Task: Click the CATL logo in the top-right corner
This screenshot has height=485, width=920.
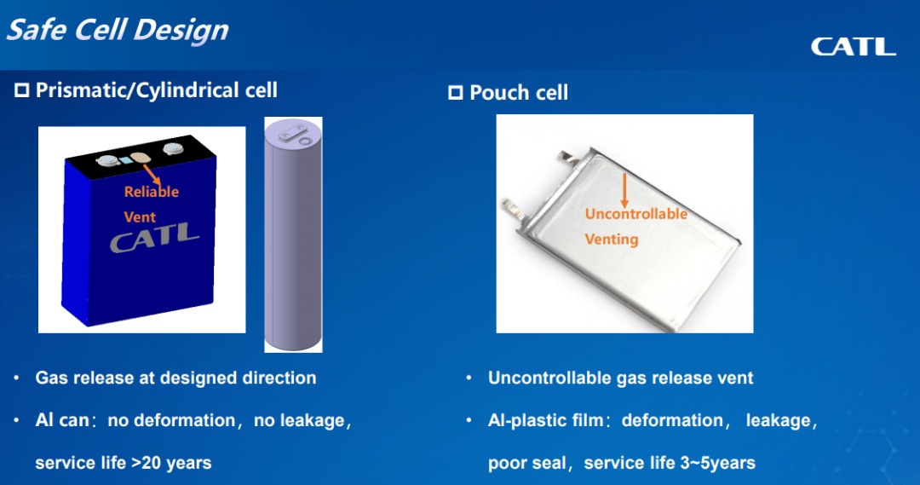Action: pyautogui.click(x=854, y=47)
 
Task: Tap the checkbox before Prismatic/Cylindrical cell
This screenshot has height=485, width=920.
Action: pyautogui.click(x=21, y=89)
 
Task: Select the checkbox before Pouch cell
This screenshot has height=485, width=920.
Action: pyautogui.click(x=455, y=92)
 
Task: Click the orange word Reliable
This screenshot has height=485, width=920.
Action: pyautogui.click(x=152, y=192)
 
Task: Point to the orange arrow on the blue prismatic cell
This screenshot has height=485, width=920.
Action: pyautogui.click(x=152, y=175)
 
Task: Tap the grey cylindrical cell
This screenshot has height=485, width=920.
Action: pyautogui.click(x=293, y=235)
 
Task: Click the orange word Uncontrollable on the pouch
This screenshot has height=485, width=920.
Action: pyautogui.click(x=636, y=214)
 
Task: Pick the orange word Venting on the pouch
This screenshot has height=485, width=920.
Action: pyautogui.click(x=612, y=240)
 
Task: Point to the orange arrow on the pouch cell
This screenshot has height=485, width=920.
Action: pyautogui.click(x=624, y=190)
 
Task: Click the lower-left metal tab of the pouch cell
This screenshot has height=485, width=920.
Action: pyautogui.click(x=514, y=209)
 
